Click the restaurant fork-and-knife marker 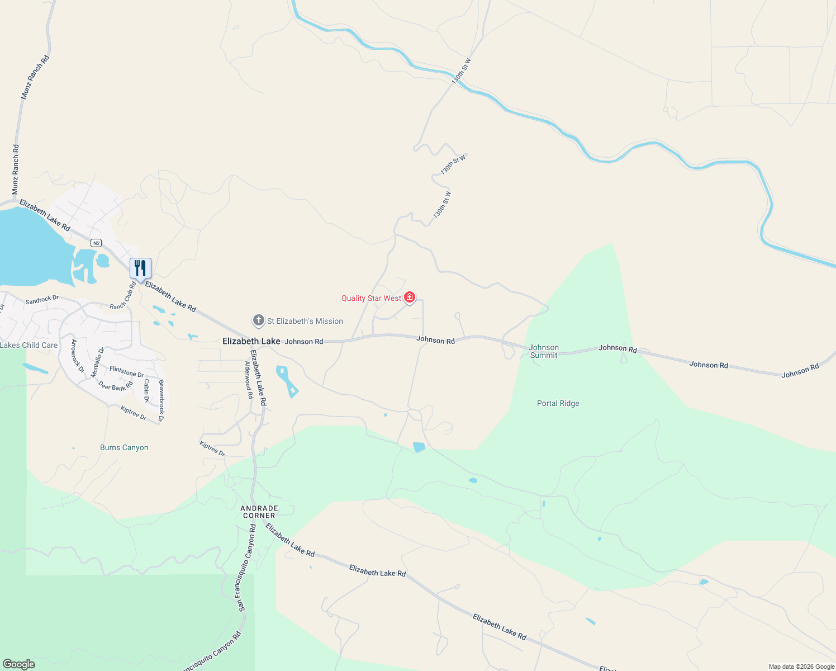click(x=140, y=268)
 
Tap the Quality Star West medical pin click(x=410, y=297)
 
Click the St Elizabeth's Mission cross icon click(x=258, y=320)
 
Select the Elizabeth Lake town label click(x=251, y=341)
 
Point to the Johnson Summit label click(x=544, y=351)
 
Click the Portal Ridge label click(x=558, y=403)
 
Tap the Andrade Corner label click(x=259, y=512)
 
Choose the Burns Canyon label click(x=124, y=447)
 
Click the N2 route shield click(x=97, y=243)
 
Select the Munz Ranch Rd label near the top click(x=35, y=77)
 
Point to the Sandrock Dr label click(x=42, y=300)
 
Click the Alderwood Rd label click(x=249, y=379)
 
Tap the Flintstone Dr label click(x=127, y=372)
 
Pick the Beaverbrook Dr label click(x=161, y=400)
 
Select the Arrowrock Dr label click(x=78, y=356)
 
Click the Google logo click(x=18, y=664)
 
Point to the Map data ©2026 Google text click(x=801, y=667)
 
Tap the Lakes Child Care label click(x=29, y=345)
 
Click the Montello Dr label click(x=98, y=362)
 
